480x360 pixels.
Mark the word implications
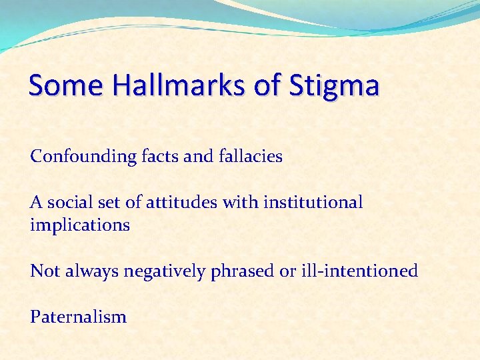coord(79,225)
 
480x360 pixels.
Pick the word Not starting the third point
coord(43,271)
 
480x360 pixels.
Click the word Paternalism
coord(78,317)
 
